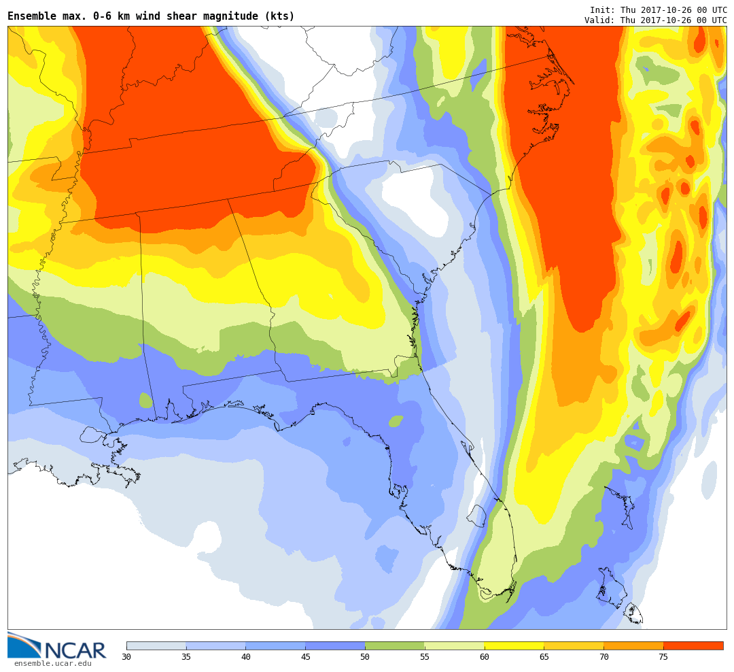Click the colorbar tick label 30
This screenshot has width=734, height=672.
(x=126, y=657)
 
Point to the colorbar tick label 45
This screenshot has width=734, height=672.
(x=305, y=657)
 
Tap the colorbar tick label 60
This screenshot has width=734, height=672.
(x=485, y=657)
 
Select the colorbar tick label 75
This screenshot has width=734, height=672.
(x=663, y=657)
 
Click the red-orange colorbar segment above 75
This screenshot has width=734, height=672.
(x=693, y=645)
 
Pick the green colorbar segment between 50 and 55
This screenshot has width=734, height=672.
(x=395, y=645)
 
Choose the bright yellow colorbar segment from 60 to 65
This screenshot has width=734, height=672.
(x=514, y=645)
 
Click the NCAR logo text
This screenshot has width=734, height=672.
(x=76, y=650)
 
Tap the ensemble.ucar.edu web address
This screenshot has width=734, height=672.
(x=53, y=664)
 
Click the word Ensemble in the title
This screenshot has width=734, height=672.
(x=32, y=16)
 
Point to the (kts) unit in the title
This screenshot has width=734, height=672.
(x=279, y=16)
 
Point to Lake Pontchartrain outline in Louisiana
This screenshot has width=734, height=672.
(x=92, y=435)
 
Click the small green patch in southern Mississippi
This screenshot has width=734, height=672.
(x=145, y=401)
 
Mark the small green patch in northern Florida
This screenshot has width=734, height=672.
(x=396, y=421)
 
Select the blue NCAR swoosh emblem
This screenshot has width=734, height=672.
(x=24, y=645)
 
